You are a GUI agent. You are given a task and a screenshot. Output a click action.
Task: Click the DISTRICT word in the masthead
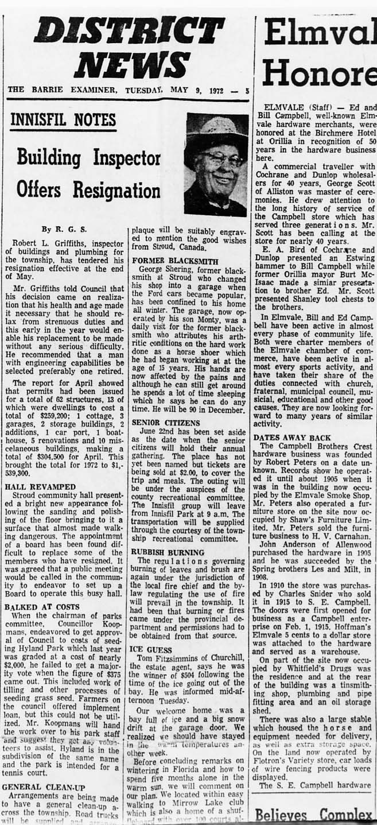tap(129, 31)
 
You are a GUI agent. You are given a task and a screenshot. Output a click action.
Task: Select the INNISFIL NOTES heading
tap(63, 121)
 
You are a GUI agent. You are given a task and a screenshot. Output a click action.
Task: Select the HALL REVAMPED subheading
tap(40, 486)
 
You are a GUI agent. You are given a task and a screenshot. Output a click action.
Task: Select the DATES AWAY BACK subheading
tap(292, 437)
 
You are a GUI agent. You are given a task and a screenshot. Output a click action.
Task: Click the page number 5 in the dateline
tap(247, 90)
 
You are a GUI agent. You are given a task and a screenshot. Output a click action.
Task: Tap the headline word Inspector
tap(123, 157)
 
